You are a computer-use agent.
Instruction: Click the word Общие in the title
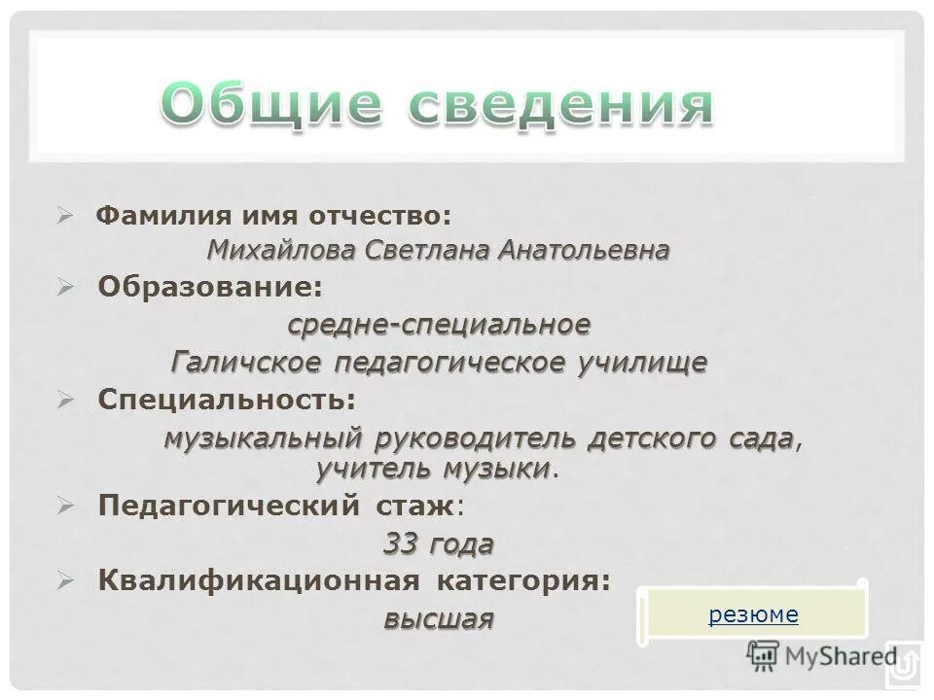pyautogui.click(x=265, y=106)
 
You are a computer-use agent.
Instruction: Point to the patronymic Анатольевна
pyautogui.click(x=584, y=251)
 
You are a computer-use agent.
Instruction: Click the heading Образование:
pyautogui.click(x=209, y=287)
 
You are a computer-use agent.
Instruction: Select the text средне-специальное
pyautogui.click(x=439, y=324)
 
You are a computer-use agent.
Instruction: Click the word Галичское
pyautogui.click(x=247, y=363)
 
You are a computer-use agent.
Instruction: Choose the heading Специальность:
pyautogui.click(x=227, y=400)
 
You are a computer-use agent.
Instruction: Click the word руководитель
pyautogui.click(x=475, y=438)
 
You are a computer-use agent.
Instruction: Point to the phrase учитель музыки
pyautogui.click(x=433, y=469)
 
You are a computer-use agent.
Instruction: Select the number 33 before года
pyautogui.click(x=402, y=543)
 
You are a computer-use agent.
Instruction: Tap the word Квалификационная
pyautogui.click(x=259, y=580)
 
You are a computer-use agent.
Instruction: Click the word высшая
pyautogui.click(x=438, y=619)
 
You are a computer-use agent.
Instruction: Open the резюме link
pyautogui.click(x=753, y=614)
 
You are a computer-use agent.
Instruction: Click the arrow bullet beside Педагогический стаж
pyautogui.click(x=64, y=506)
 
